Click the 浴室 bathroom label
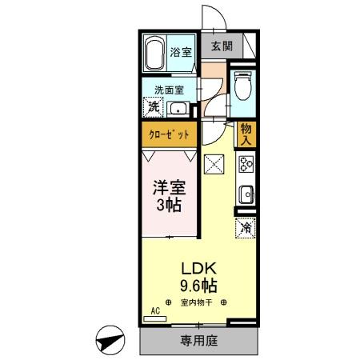(180, 53)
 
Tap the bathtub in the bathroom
(155, 54)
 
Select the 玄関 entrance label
(222, 47)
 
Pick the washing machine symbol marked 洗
(152, 106)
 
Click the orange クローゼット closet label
(170, 135)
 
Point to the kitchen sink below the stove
(246, 194)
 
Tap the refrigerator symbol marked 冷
(246, 228)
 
